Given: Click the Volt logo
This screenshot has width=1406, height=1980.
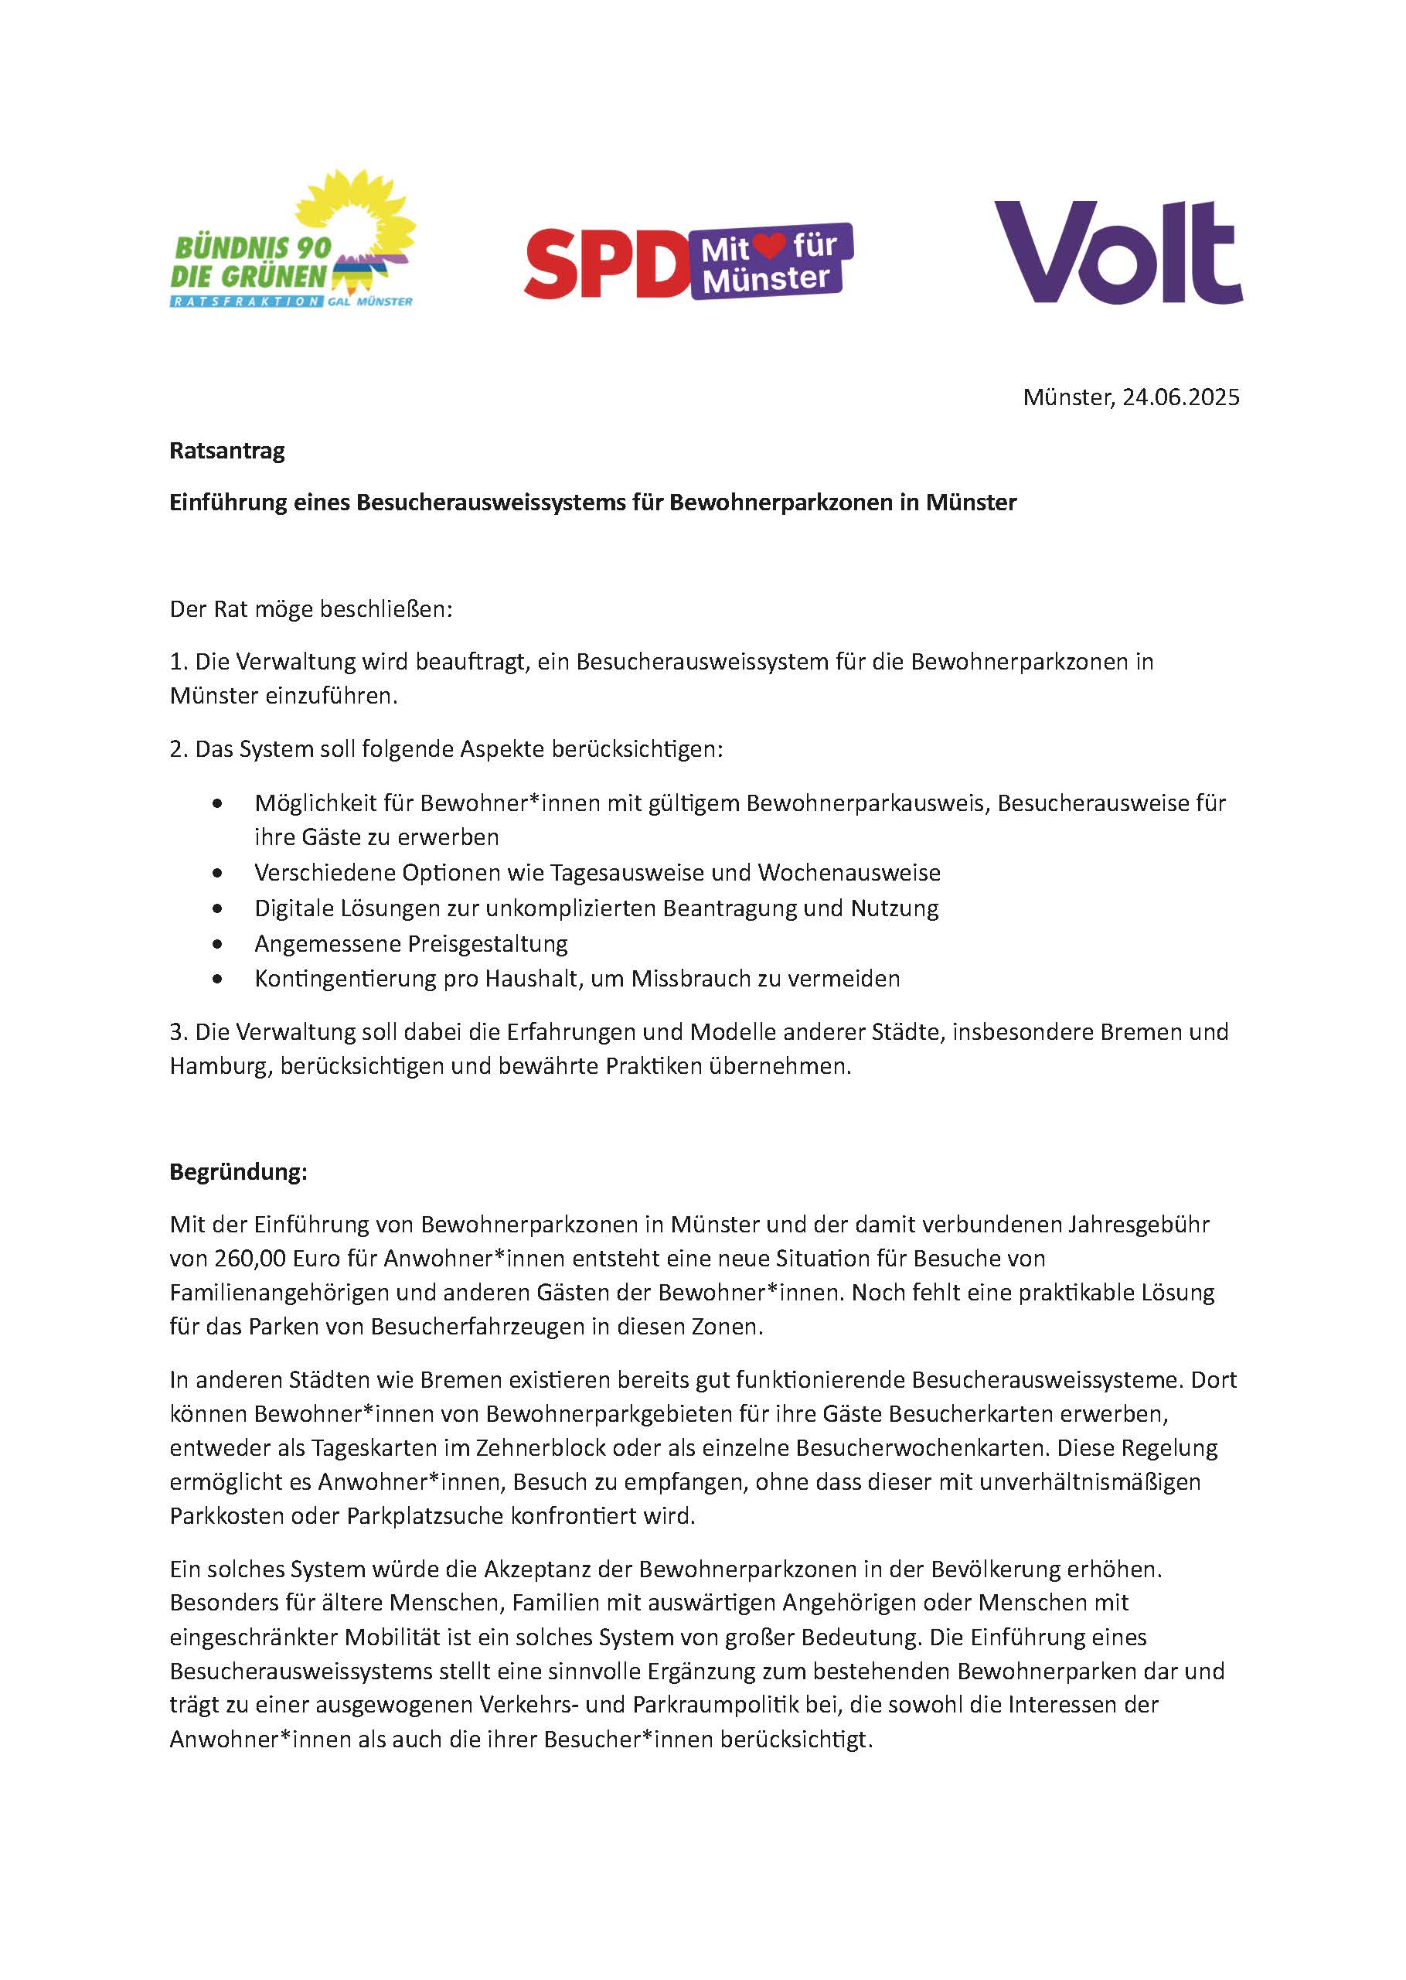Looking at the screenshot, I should click(1118, 252).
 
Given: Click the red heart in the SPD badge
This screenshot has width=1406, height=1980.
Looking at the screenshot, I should click(768, 247).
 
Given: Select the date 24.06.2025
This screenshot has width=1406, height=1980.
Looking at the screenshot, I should click(1181, 397).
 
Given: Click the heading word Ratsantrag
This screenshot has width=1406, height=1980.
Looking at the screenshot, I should click(226, 451).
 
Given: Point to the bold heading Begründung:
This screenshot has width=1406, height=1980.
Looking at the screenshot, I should click(238, 1172).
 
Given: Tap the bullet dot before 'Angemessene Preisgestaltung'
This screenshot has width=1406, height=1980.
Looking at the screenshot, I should click(216, 944).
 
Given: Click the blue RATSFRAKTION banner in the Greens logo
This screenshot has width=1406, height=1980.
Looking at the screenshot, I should click(247, 302).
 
